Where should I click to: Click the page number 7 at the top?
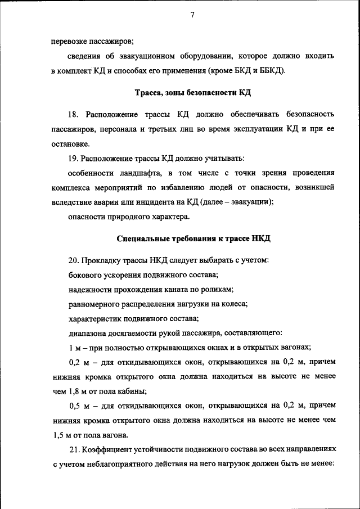coord(192,15)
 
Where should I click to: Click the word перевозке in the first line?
coord(71,41)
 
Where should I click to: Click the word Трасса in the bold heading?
coord(150,92)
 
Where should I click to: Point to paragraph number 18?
coord(74,115)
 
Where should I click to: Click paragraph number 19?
coord(74,158)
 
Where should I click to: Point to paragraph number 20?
coord(74,260)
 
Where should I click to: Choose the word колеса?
coord(235,304)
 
